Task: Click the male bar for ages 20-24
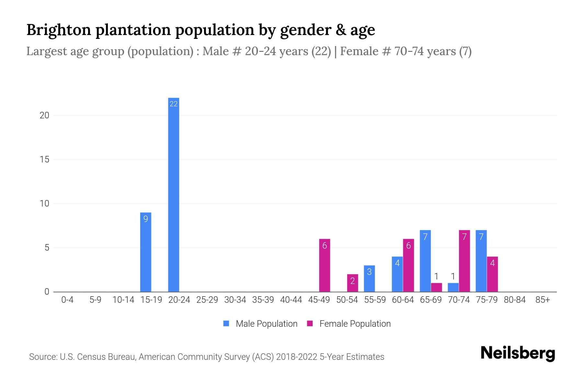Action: coord(174,194)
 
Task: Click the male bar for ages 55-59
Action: coord(369,278)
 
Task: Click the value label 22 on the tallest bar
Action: coord(174,104)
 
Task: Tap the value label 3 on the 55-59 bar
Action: coord(369,272)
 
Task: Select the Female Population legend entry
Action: coord(349,324)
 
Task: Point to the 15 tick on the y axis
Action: coord(44,159)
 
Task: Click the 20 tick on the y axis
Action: coord(44,115)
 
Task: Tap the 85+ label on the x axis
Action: coord(543,300)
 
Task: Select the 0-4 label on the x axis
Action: coord(67,300)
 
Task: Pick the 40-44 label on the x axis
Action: coord(291,300)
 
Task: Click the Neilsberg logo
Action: coord(518,353)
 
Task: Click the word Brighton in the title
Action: coord(59,30)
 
